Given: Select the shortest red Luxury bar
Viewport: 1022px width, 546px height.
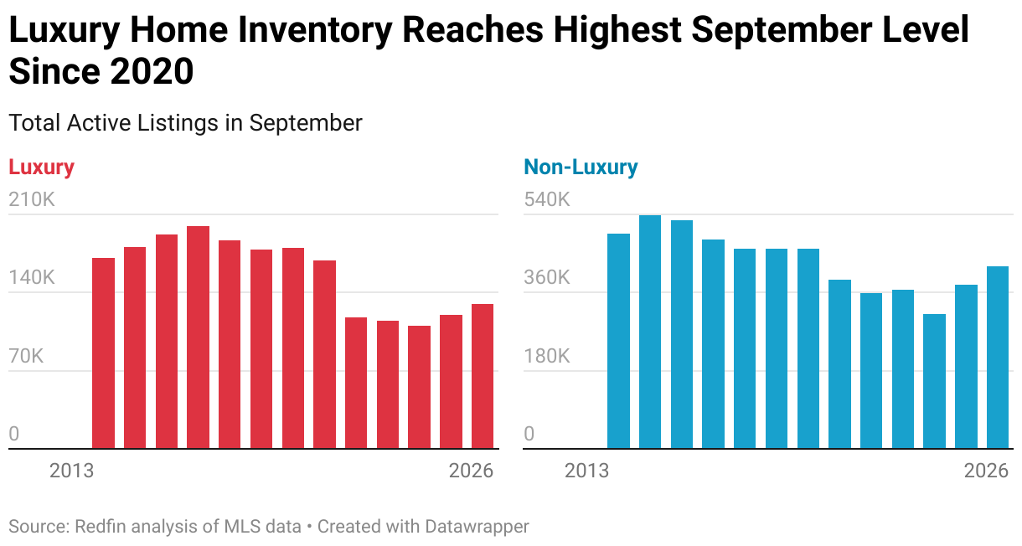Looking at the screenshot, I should [x=419, y=387].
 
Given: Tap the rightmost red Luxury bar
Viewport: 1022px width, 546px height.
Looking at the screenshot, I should [x=483, y=376].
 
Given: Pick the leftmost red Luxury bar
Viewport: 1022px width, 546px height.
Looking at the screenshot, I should [x=103, y=353].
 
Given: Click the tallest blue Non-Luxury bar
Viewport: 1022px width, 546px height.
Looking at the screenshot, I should [x=650, y=332].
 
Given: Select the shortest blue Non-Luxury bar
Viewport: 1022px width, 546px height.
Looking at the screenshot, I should [x=935, y=381].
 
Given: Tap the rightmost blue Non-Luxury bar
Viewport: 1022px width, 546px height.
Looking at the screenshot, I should [x=998, y=358].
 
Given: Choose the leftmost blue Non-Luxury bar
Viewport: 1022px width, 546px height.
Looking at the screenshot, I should [x=618, y=341].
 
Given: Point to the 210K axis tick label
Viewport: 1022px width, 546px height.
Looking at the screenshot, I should [x=32, y=200].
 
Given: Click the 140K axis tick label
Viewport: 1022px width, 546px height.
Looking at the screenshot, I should [x=32, y=278].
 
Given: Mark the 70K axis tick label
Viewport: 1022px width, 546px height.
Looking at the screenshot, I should [x=26, y=356].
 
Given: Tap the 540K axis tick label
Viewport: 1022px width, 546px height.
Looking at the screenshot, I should [x=547, y=200].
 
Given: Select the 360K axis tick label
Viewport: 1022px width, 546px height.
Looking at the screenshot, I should [x=547, y=278].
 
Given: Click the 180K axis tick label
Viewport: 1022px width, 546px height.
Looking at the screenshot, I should [x=547, y=356].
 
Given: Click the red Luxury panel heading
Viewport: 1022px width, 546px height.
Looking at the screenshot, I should [x=41, y=167].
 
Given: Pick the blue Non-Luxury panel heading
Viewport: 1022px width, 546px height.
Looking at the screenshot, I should [x=581, y=167].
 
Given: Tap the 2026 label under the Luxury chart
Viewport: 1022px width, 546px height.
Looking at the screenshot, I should [x=471, y=471].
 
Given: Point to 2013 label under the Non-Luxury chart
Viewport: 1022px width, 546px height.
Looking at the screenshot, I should [x=586, y=471].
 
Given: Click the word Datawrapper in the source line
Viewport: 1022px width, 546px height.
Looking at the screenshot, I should [x=477, y=527].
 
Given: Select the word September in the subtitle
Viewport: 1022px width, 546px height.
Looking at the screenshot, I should [x=305, y=122].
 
